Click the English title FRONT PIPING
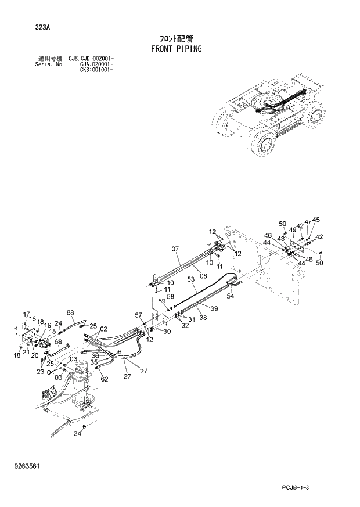[x=176, y=49]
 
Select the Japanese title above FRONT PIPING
[x=176, y=38]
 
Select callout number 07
[x=175, y=250]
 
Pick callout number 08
[x=203, y=277]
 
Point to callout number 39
[x=214, y=308]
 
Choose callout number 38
[x=203, y=318]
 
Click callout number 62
[x=105, y=379]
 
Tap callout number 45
[x=316, y=220]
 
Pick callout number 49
[x=293, y=230]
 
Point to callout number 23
[x=41, y=372]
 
